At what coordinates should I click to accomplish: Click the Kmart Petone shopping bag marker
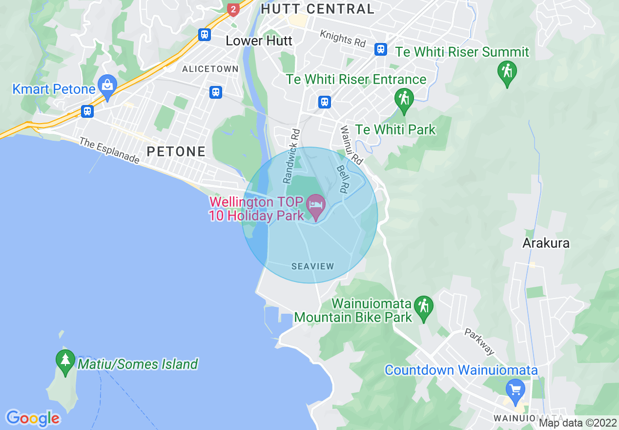coord(107,85)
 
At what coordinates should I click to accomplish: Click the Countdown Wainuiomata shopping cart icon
coord(515,389)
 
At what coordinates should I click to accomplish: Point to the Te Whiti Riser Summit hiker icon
coord(507,72)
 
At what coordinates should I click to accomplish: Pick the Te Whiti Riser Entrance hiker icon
coord(404,99)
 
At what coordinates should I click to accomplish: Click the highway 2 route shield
coord(233,9)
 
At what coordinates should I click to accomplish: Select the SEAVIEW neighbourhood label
coord(312,266)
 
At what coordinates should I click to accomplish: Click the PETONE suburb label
coord(176,151)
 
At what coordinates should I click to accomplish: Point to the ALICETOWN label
coord(210,69)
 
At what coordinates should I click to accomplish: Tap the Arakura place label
coord(546,243)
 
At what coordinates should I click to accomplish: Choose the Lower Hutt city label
coord(259,41)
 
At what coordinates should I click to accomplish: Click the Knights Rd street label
coord(343,39)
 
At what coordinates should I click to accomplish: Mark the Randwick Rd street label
coord(291,155)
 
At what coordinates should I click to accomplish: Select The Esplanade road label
coord(109,150)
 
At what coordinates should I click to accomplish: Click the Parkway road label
coord(479,342)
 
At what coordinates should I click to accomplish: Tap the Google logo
coord(33,418)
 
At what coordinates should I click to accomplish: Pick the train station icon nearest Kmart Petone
coord(87,111)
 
